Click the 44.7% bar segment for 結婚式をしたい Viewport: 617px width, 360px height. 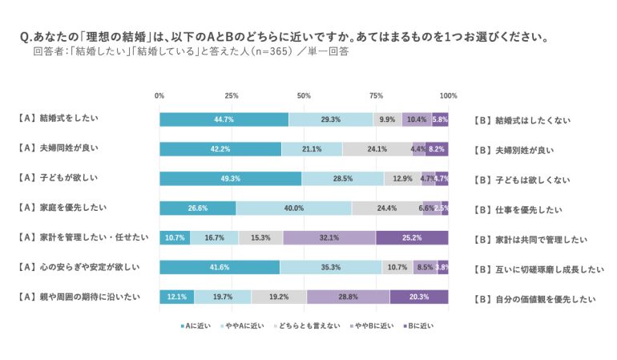(x=224, y=119)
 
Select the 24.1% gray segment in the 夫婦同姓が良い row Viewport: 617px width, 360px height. (x=377, y=149)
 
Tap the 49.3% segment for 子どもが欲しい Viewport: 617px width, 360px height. (x=230, y=179)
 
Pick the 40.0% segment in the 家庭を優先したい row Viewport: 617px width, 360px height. (x=294, y=208)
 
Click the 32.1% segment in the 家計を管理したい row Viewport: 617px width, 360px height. (x=329, y=238)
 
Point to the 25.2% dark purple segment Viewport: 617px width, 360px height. (x=412, y=238)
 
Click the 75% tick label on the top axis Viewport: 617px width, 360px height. (x=376, y=96)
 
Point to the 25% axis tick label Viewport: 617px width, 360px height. (x=232, y=96)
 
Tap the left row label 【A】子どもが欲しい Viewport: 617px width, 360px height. (x=60, y=177)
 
